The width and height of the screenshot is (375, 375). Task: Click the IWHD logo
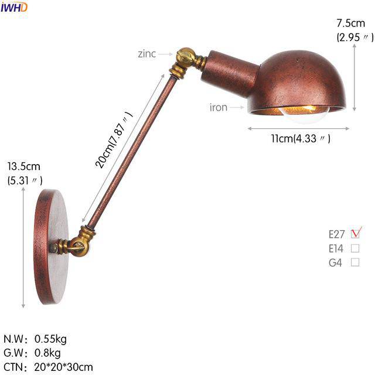click(14, 7)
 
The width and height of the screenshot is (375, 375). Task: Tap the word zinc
click(146, 54)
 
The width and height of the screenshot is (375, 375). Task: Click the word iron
click(219, 107)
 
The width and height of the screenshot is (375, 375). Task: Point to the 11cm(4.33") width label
click(301, 138)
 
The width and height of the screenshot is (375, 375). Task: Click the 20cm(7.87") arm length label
click(114, 140)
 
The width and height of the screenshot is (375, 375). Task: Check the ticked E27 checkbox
click(356, 233)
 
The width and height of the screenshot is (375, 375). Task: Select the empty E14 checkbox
click(355, 248)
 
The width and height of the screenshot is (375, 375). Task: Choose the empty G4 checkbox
click(355, 262)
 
